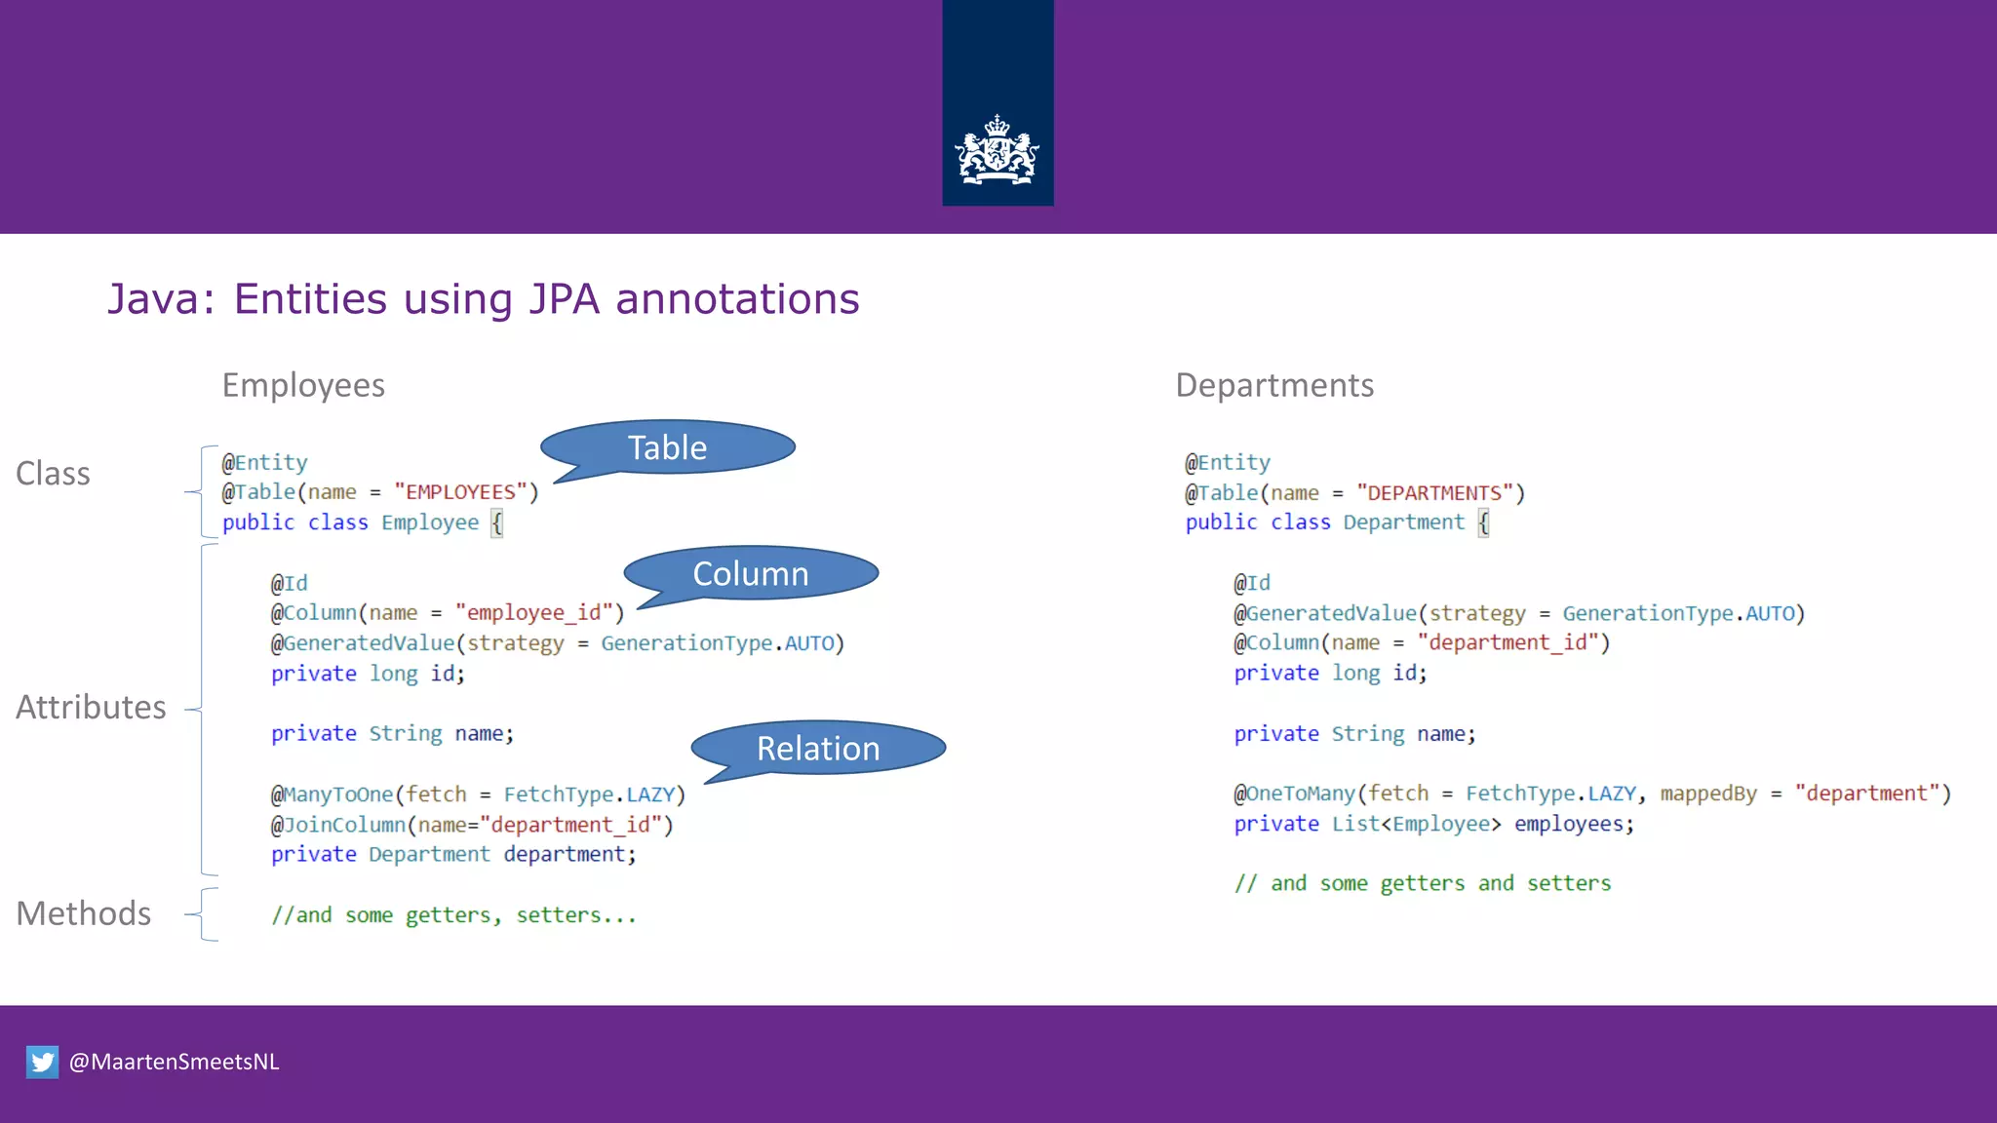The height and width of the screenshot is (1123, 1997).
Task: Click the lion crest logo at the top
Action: pyautogui.click(x=997, y=151)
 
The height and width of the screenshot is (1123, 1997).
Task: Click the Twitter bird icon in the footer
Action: pyautogui.click(x=42, y=1062)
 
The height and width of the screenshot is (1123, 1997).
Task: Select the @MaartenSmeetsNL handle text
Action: pyautogui.click(x=175, y=1062)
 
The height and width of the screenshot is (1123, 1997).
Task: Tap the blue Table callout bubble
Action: pyautogui.click(x=668, y=447)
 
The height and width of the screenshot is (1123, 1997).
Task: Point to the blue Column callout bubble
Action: pyautogui.click(x=751, y=573)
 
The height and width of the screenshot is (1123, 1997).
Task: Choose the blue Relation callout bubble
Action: pyautogui.click(x=819, y=748)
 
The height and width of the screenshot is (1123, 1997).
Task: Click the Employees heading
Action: pyautogui.click(x=303, y=385)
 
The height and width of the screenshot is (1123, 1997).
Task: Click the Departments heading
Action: pyautogui.click(x=1274, y=385)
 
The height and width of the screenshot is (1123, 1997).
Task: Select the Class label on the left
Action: pyautogui.click(x=53, y=474)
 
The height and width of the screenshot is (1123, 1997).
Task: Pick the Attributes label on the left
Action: pyautogui.click(x=91, y=707)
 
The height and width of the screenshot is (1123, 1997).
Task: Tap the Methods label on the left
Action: pyautogui.click(x=83, y=913)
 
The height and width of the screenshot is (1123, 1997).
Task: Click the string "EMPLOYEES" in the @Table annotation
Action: pyautogui.click(x=460, y=492)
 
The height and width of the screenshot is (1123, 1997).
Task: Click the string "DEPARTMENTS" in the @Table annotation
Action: pyautogui.click(x=1434, y=493)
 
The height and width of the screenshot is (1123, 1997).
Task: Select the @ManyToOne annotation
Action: pyautogui.click(x=332, y=794)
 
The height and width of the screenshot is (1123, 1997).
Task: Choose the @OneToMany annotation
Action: pyautogui.click(x=1294, y=794)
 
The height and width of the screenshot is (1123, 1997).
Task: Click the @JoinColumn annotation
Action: pyautogui.click(x=337, y=825)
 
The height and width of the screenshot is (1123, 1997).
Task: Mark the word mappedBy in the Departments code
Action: pyautogui.click(x=1708, y=794)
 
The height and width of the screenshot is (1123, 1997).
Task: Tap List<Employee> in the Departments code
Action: pyautogui.click(x=1416, y=824)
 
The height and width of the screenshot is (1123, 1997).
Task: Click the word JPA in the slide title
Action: pyautogui.click(x=564, y=299)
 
